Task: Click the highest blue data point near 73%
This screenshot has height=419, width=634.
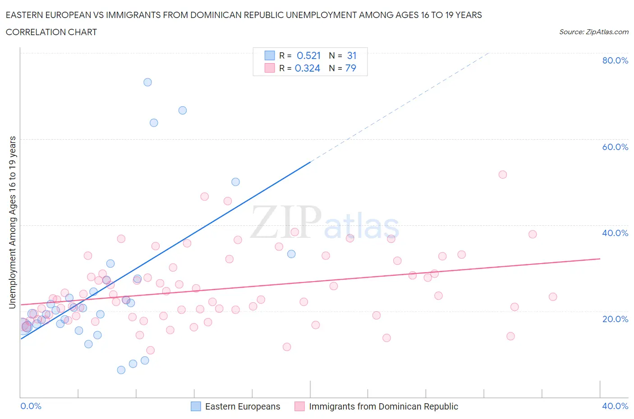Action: click(147, 82)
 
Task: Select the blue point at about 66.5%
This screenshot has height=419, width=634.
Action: click(183, 110)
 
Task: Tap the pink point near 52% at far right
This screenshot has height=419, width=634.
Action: click(503, 174)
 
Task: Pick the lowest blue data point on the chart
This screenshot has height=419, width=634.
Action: click(121, 370)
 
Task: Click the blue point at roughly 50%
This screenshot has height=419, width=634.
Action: click(235, 182)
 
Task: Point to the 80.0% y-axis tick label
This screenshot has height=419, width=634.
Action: click(615, 60)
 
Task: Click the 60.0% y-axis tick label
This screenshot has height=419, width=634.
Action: click(615, 147)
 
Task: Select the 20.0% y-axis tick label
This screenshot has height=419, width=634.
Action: click(615, 319)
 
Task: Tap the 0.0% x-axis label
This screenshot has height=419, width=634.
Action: click(31, 406)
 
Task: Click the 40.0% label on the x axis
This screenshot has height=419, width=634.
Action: click(615, 406)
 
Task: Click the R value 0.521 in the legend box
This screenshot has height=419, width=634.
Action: click(308, 55)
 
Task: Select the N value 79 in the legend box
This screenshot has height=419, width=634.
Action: click(350, 68)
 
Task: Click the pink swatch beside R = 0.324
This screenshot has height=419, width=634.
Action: click(270, 68)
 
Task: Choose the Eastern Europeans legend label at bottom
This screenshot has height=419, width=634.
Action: click(243, 406)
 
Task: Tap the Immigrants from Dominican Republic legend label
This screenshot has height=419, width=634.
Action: click(383, 406)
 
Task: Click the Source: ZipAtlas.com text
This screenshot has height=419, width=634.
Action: click(593, 32)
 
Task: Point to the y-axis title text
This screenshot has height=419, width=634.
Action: click(13, 223)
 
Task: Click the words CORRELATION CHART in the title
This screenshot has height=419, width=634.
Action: click(51, 32)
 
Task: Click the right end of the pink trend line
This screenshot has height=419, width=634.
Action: click(600, 259)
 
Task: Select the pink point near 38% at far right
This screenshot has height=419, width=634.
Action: click(533, 234)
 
